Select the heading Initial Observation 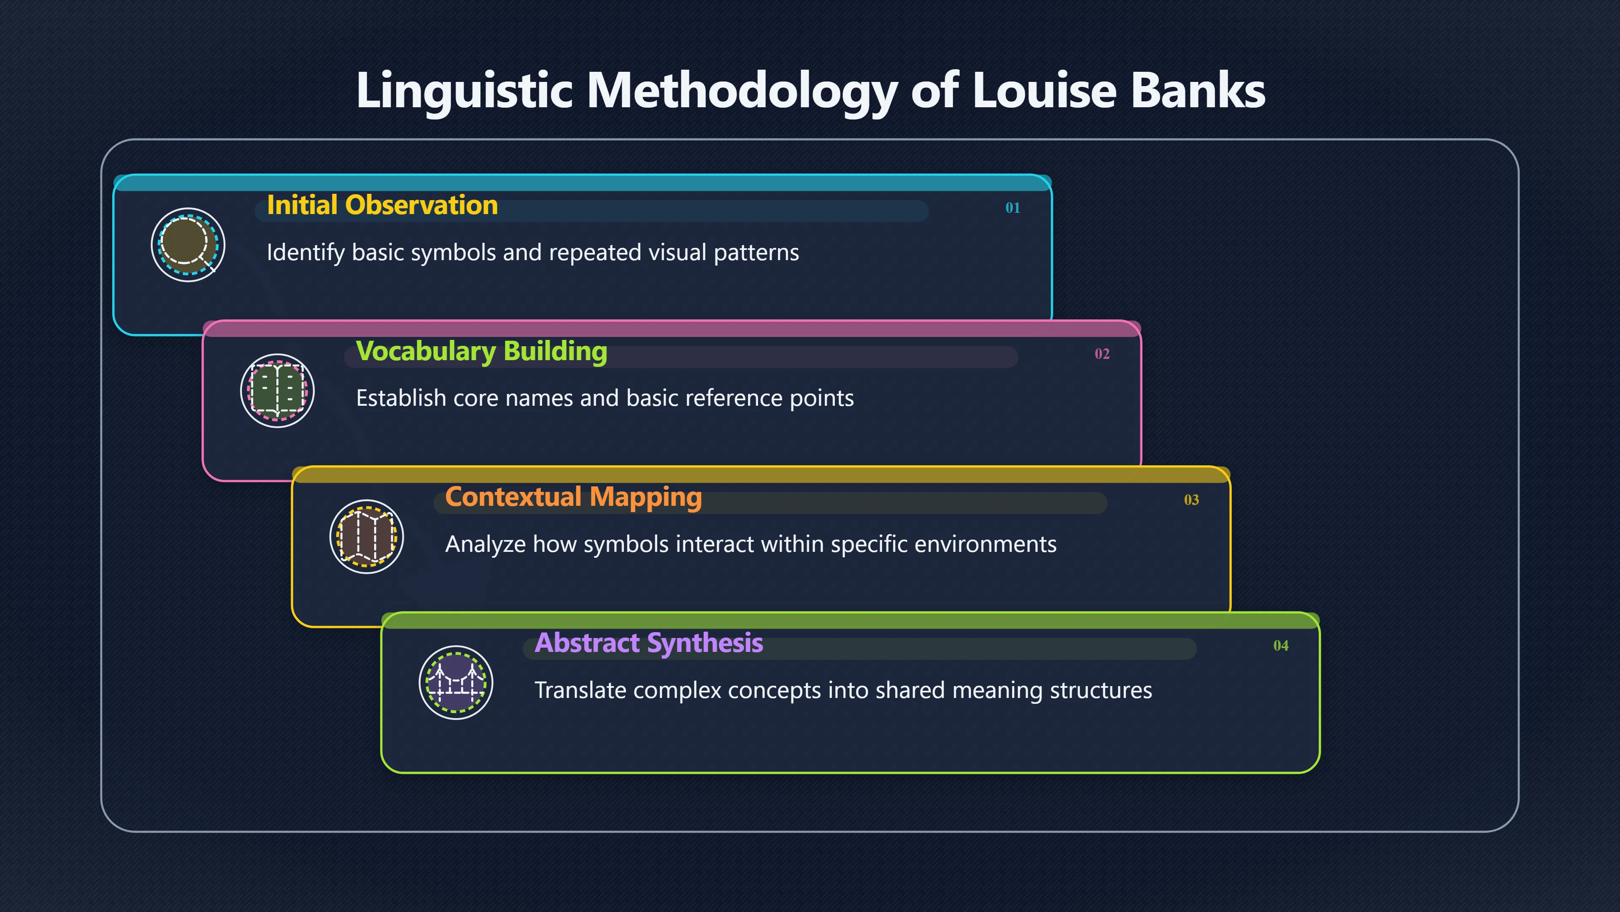[382, 205]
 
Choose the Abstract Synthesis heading [649, 643]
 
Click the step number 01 [1012, 208]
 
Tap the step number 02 [1102, 354]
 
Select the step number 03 [1191, 500]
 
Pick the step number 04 [1280, 646]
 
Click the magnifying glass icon [188, 245]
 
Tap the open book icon [277, 391]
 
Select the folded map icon [367, 537]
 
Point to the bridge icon [456, 683]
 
